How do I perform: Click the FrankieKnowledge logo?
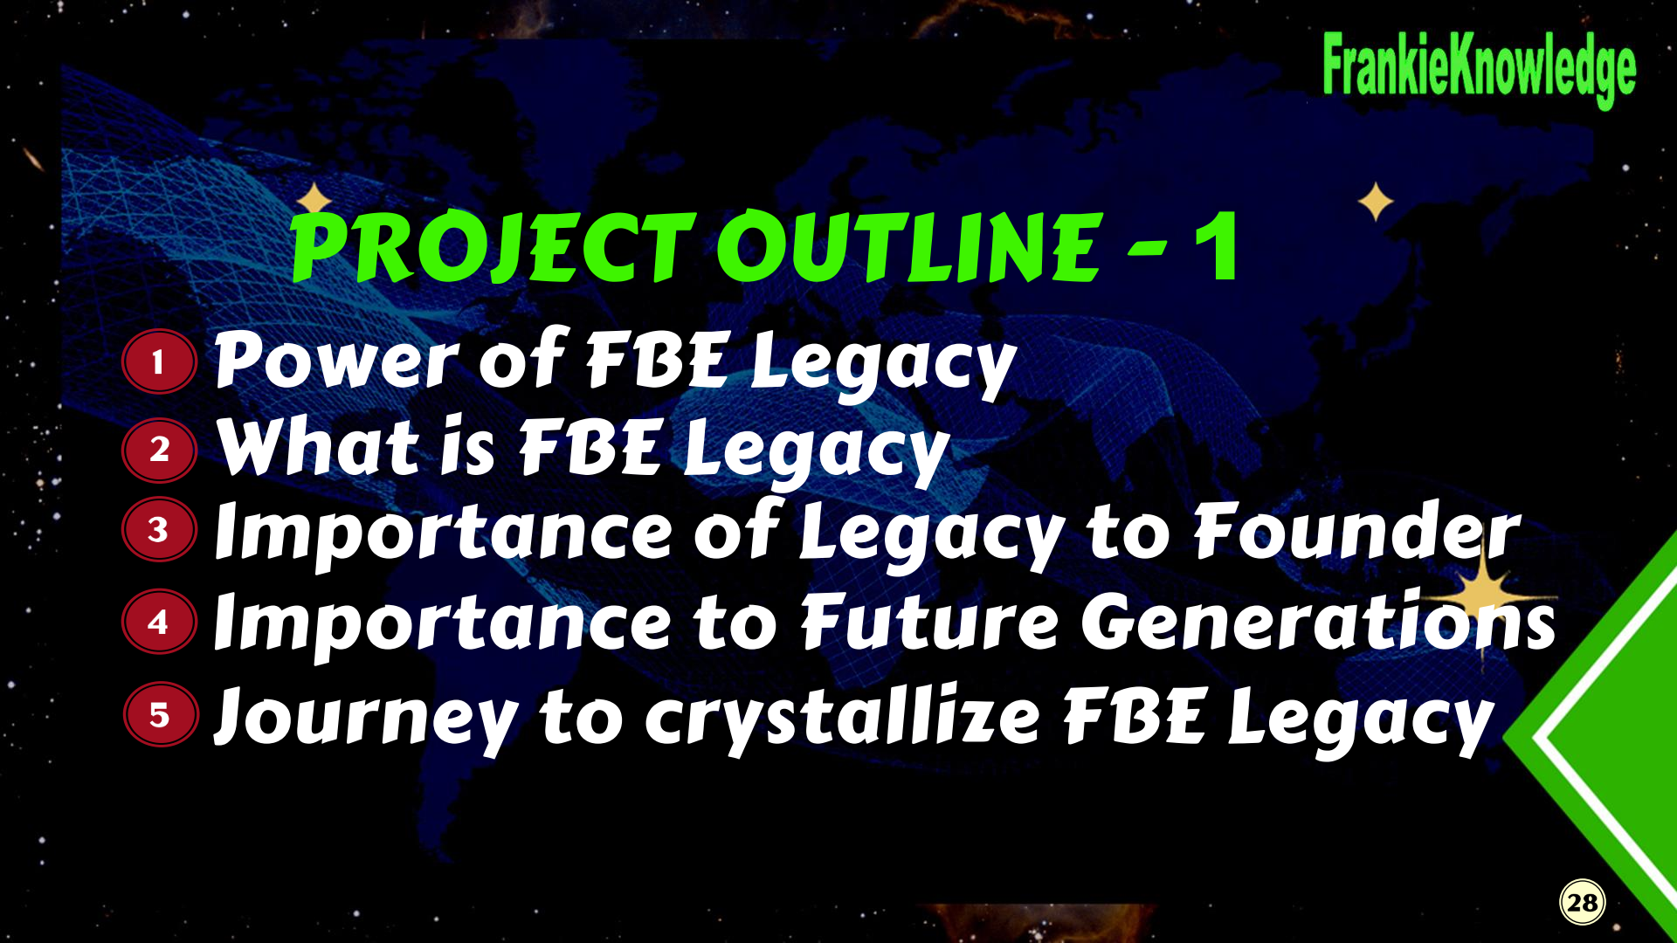(x=1479, y=70)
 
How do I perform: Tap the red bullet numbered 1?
(x=159, y=361)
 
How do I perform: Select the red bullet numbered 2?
(x=159, y=450)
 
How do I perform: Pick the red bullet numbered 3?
(x=159, y=529)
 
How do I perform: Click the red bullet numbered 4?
(x=159, y=622)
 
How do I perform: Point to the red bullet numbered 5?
(x=160, y=714)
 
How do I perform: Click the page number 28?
(x=1583, y=902)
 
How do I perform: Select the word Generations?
(x=1319, y=621)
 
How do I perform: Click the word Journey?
(x=367, y=718)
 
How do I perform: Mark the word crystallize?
(x=842, y=718)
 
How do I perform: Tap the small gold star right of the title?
(x=1377, y=202)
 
